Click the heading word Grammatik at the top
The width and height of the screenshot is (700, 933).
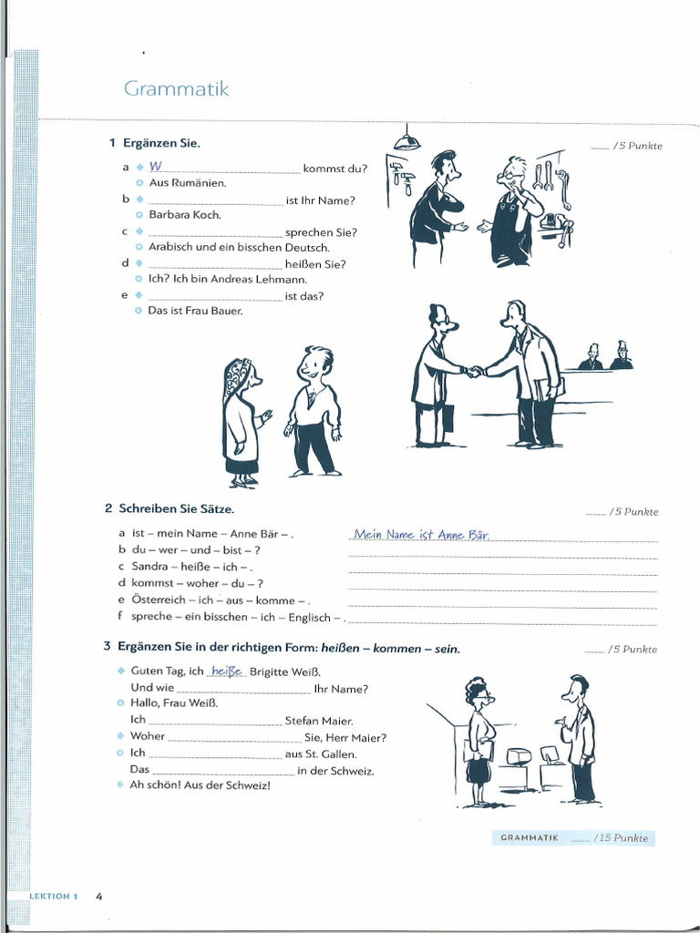[176, 89]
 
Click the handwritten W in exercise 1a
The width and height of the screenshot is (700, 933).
[155, 167]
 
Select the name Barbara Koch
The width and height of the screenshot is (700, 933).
[185, 215]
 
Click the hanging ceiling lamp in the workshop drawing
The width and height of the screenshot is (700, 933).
[407, 139]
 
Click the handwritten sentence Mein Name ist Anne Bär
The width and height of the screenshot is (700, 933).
[421, 535]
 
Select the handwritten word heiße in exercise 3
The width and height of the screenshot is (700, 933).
[227, 672]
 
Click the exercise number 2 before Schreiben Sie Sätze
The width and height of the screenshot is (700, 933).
[108, 508]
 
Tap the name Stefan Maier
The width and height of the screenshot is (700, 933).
[319, 721]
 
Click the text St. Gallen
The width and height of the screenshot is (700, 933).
[333, 754]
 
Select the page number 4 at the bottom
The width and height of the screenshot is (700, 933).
[98, 896]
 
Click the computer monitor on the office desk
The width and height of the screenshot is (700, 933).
[518, 756]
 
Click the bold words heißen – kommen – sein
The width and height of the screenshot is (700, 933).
[390, 649]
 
